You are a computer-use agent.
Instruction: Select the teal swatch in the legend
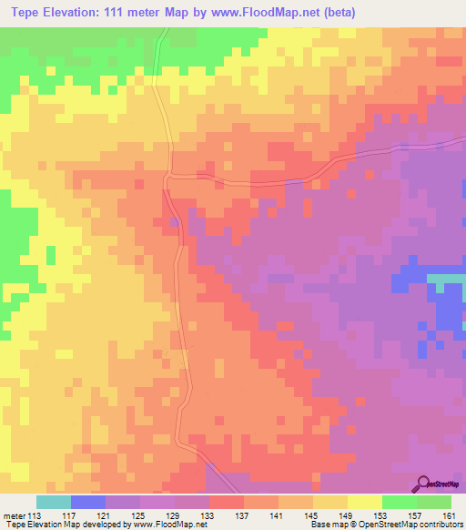53,502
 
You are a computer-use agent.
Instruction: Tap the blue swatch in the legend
87,502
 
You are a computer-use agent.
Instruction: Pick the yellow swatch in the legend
364,502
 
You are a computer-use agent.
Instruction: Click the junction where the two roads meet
167,177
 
